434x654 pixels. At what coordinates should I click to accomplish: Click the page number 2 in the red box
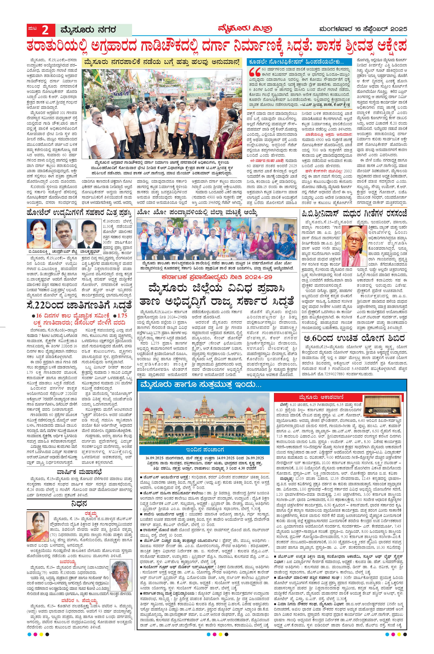coord(45,30)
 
